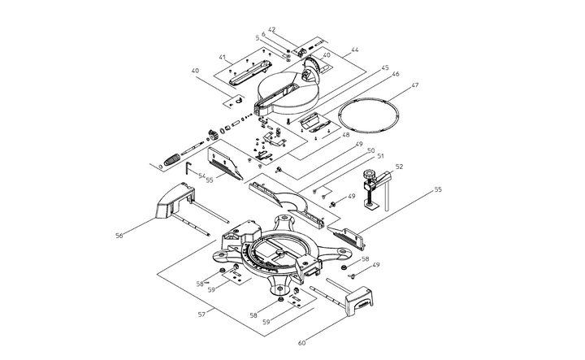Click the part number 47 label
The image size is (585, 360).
pos(415,85)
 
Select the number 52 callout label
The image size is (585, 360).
pos(399,167)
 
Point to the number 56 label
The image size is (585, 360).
pos(119,236)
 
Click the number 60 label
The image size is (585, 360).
pos(302,342)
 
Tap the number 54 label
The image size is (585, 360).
pos(201,176)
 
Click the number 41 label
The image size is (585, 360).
pos(222,58)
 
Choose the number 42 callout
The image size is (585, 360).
pos(271,29)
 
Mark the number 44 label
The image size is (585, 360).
pos(354,50)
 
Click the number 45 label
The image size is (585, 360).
pos(385,67)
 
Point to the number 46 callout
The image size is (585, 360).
pos(396,75)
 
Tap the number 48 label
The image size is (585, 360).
pos(346,135)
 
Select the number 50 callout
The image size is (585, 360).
pos(370,150)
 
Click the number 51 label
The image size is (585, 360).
pos(379,157)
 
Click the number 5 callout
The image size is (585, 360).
pos(257,37)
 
